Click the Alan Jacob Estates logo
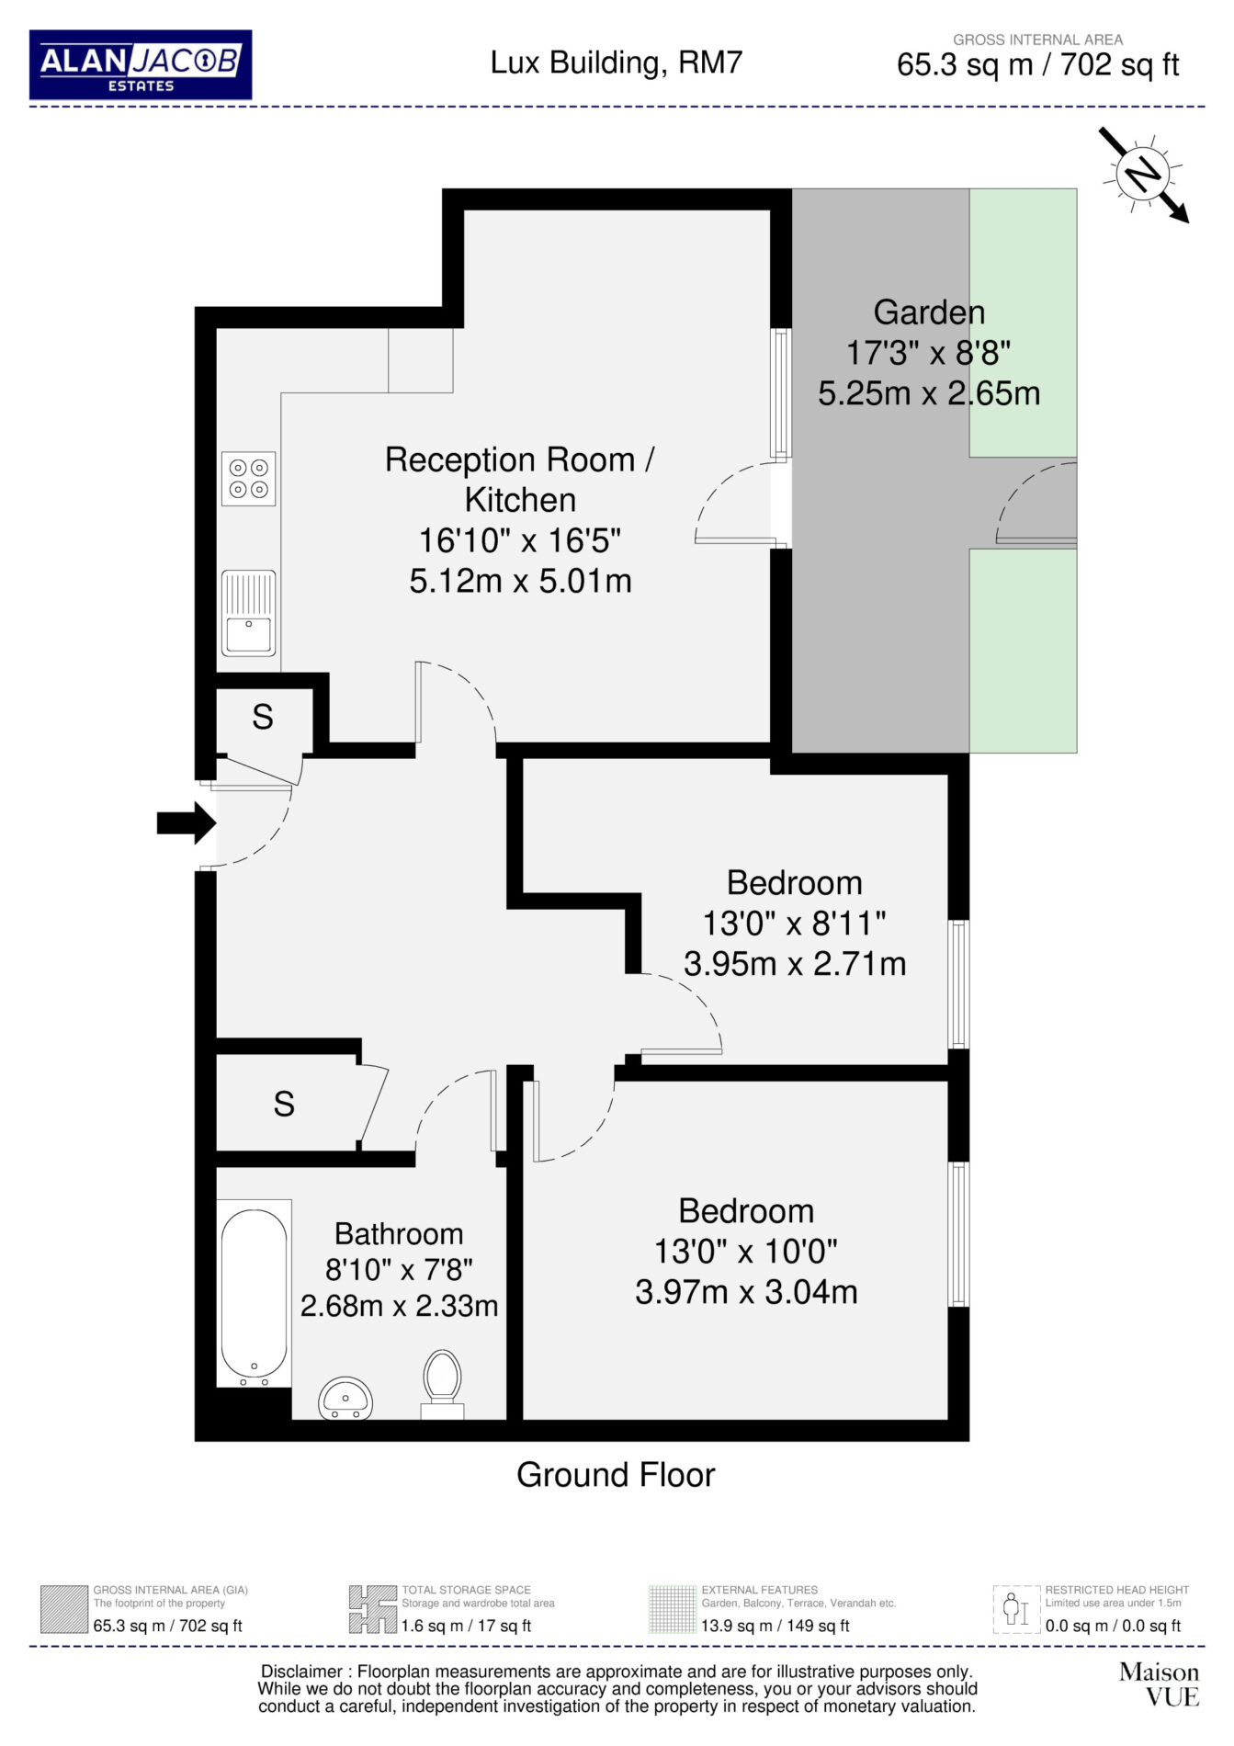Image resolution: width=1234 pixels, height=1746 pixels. pos(141,64)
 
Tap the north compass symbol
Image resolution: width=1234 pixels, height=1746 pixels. pos(1144,174)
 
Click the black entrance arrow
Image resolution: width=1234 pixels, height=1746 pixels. pos(187,822)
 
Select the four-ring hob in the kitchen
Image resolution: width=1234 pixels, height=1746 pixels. pos(248,479)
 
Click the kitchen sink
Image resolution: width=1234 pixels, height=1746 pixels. pos(248,613)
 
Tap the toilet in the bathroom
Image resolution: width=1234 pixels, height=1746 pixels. pos(442,1384)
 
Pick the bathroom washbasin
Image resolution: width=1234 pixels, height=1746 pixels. pos(345,1400)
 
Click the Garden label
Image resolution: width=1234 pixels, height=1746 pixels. pos(929,312)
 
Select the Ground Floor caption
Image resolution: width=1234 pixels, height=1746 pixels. pos(616,1475)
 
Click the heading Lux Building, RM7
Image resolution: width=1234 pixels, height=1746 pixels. pos(616,62)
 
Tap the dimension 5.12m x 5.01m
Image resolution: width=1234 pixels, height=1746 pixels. pos(520,581)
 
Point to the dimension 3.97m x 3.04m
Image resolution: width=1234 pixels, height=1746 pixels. pos(746,1292)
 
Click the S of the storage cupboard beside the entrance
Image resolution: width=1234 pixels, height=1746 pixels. pos(263,717)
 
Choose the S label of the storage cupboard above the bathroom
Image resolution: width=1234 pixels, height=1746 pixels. pos(284,1104)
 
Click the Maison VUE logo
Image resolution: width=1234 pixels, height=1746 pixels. pos(1159,1684)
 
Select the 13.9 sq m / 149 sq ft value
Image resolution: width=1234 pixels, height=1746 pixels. pos(775,1626)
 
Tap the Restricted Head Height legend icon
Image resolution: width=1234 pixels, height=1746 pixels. pos(1016,1609)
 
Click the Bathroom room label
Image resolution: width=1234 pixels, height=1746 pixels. pos(399,1233)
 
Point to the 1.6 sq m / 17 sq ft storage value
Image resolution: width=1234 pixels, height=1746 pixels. pos(466,1626)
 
